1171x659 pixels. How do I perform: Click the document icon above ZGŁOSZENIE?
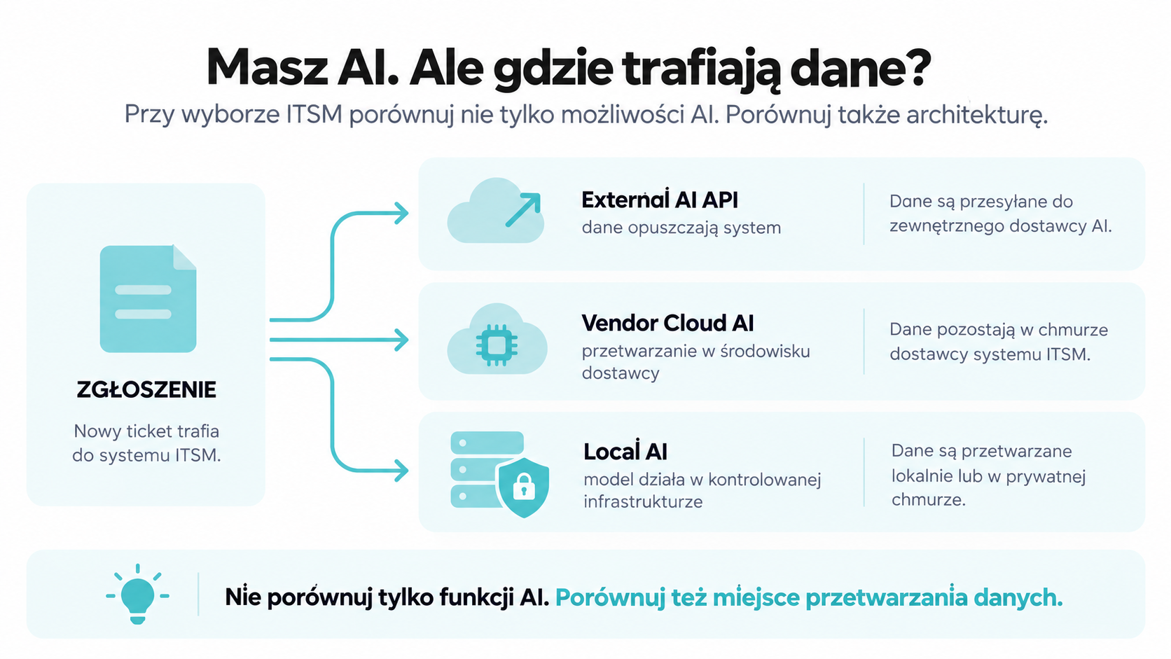point(148,298)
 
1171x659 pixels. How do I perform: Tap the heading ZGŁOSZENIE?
point(146,390)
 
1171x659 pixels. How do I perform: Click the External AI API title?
point(660,200)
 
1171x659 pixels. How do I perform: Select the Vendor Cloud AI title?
point(667,323)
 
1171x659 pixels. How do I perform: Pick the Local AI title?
point(625,452)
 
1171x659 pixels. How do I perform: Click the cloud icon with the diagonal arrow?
point(496,210)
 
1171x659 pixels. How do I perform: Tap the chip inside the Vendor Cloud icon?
point(497,345)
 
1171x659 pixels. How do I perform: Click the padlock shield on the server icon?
point(524,487)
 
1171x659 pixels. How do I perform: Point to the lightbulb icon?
point(137,594)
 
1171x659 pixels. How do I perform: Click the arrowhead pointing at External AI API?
point(402,213)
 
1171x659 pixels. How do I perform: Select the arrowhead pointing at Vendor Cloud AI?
point(402,340)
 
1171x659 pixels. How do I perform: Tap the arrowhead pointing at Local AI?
point(402,471)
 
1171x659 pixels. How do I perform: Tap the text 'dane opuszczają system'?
point(681,228)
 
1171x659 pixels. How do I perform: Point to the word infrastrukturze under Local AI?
point(643,501)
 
